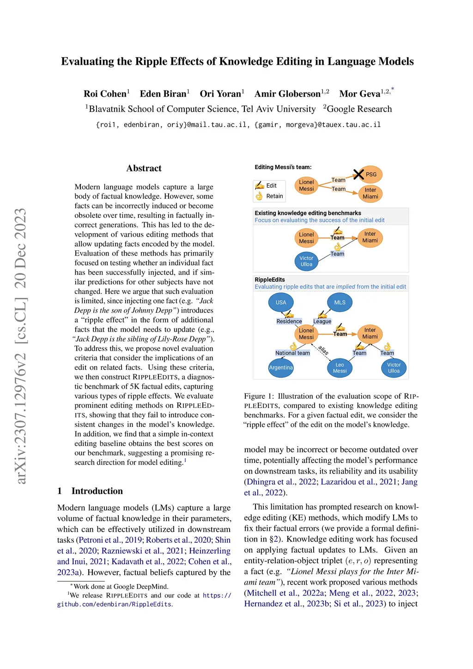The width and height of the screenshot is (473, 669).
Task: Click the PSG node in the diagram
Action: (370, 175)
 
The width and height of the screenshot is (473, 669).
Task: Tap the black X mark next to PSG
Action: (358, 174)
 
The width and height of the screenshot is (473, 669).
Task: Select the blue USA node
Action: (281, 303)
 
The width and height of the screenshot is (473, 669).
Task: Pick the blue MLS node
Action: (340, 303)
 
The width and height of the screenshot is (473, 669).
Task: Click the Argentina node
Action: (281, 368)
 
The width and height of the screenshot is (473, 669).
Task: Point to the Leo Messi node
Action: (340, 368)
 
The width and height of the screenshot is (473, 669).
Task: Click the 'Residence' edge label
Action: (289, 322)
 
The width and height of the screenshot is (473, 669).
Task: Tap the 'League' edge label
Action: (322, 322)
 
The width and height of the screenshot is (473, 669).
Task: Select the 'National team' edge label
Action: (292, 353)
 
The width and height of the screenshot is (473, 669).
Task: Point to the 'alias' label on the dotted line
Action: (323, 351)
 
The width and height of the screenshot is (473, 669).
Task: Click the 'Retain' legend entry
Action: (274, 196)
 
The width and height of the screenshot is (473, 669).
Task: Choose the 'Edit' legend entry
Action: (271, 186)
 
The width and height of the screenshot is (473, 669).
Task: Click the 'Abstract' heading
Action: (144, 168)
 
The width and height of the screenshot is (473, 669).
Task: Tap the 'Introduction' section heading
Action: (97, 491)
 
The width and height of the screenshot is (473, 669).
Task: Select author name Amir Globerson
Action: (287, 94)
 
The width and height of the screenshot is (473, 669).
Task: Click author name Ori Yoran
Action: (220, 94)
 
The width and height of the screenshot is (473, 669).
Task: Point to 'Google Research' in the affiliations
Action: (359, 109)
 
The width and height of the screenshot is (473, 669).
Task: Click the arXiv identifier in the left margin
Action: (21, 347)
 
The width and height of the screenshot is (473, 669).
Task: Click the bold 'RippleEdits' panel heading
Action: (270, 280)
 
